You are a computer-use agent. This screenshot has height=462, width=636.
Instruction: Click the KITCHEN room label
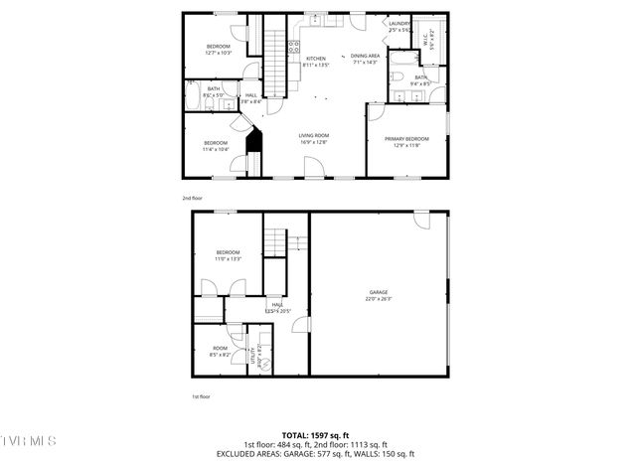point(316,59)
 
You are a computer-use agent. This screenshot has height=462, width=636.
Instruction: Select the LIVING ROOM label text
point(314,135)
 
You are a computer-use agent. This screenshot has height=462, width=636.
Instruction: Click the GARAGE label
point(379,291)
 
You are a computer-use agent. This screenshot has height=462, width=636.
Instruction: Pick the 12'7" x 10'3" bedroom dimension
point(219,53)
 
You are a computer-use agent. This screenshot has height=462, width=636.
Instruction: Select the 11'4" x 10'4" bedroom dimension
point(216,149)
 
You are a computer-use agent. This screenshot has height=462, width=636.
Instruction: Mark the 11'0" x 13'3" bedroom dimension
point(229,258)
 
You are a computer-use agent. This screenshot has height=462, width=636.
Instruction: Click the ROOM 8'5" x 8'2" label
point(220,351)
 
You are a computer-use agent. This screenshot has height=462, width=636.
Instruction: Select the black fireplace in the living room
point(253,139)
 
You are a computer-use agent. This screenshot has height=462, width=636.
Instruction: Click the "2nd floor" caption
point(193,198)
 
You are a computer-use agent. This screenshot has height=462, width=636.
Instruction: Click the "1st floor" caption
point(201,396)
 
